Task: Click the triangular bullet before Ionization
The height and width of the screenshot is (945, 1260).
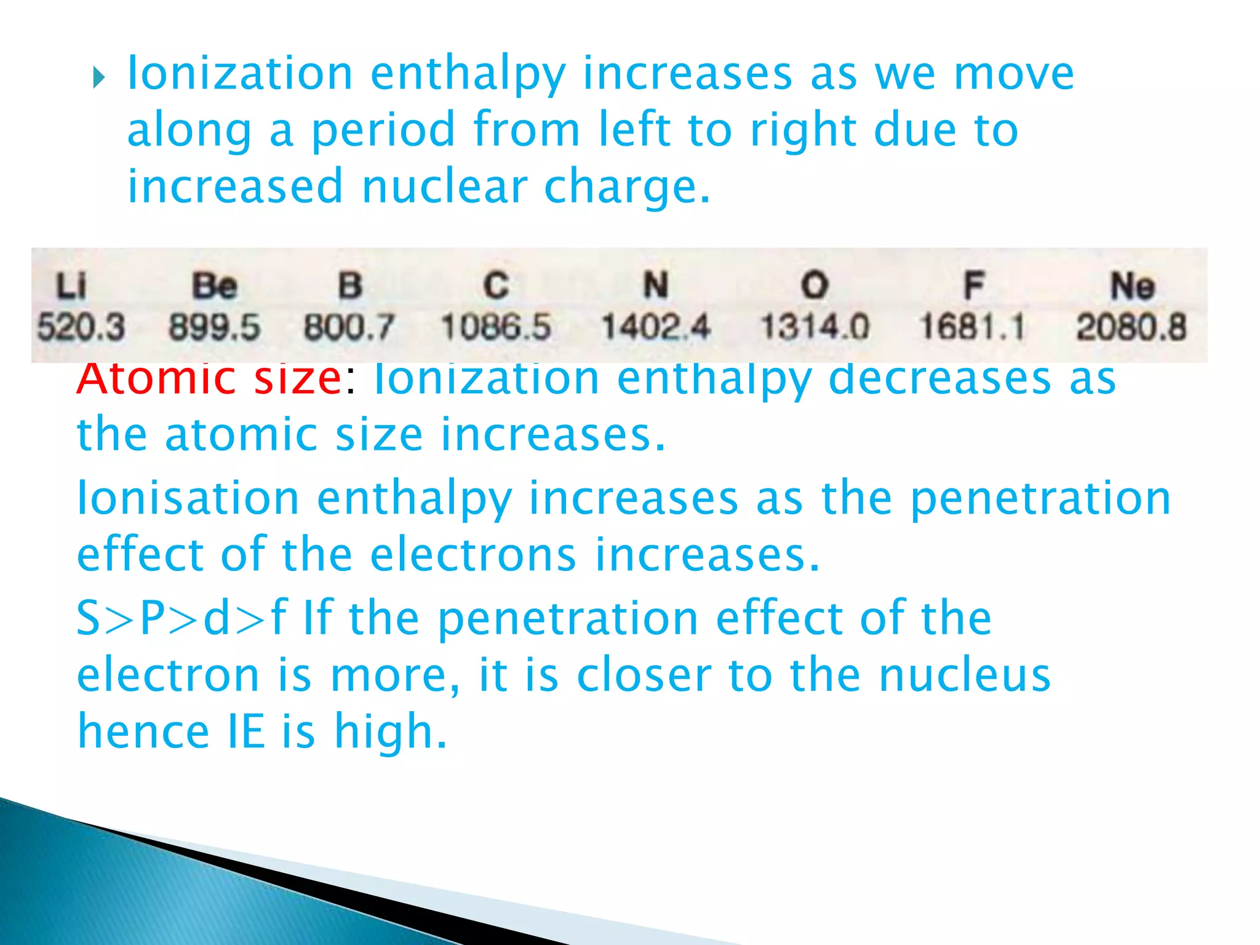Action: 98,78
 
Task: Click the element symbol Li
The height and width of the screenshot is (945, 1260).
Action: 71,287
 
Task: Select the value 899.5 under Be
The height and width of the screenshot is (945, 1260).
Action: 214,327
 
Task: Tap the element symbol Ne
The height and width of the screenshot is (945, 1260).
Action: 1132,287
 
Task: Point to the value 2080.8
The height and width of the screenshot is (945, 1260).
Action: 1131,327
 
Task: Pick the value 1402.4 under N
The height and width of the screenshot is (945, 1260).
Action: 655,327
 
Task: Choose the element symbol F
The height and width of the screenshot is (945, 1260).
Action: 973,287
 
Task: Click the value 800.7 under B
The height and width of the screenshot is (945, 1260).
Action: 349,327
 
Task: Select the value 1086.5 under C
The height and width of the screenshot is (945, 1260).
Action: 496,327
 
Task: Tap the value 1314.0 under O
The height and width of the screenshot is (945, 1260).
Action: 815,327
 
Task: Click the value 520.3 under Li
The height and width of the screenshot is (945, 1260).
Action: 81,327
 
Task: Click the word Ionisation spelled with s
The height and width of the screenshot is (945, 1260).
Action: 188,498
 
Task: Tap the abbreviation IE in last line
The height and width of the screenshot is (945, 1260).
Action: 246,732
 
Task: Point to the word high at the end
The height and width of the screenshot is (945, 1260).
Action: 390,732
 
